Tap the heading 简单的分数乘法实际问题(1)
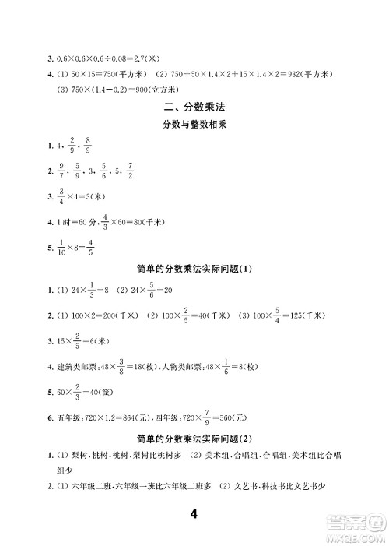[194, 269]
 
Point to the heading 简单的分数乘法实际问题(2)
[194, 437]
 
